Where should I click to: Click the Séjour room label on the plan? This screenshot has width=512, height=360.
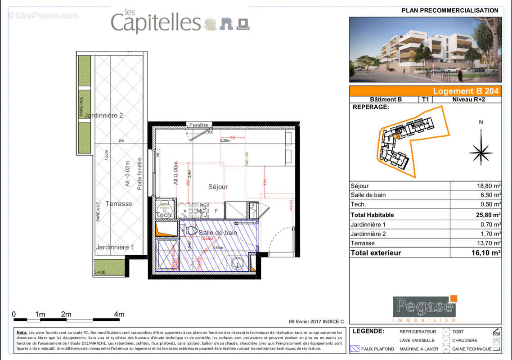click(x=218, y=186)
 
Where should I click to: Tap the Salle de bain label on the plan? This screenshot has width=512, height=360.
click(x=218, y=233)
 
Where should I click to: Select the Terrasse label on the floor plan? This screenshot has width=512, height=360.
click(x=119, y=204)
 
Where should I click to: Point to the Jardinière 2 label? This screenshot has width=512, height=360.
click(x=103, y=115)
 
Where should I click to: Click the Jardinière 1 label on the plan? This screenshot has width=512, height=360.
click(x=115, y=247)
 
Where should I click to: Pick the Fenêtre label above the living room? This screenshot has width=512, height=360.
click(x=198, y=125)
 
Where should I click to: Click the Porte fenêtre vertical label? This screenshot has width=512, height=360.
click(x=140, y=174)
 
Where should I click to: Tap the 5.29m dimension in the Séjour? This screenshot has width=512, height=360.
click(x=225, y=140)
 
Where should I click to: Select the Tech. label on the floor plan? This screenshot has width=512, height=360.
click(x=164, y=215)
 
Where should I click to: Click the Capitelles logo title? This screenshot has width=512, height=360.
click(x=155, y=22)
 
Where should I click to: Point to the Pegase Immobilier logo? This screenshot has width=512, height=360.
click(x=425, y=309)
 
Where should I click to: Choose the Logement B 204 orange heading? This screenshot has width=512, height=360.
click(x=465, y=91)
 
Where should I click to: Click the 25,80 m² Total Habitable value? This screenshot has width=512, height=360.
click(x=488, y=215)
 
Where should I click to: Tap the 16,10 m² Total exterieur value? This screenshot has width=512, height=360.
click(x=487, y=253)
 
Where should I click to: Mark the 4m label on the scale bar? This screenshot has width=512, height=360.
click(x=119, y=314)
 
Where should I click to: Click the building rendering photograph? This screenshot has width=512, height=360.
click(x=425, y=49)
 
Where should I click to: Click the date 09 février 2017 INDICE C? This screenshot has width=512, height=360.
click(x=316, y=321)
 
